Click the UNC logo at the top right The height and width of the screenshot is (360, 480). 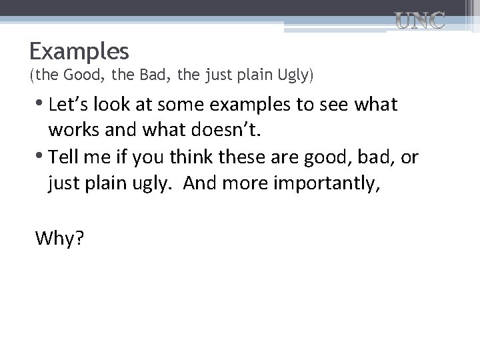(419, 21)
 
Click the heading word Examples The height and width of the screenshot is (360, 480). (79, 51)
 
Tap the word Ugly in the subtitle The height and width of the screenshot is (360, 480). (292, 75)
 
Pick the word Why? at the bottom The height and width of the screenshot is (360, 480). (59, 237)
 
